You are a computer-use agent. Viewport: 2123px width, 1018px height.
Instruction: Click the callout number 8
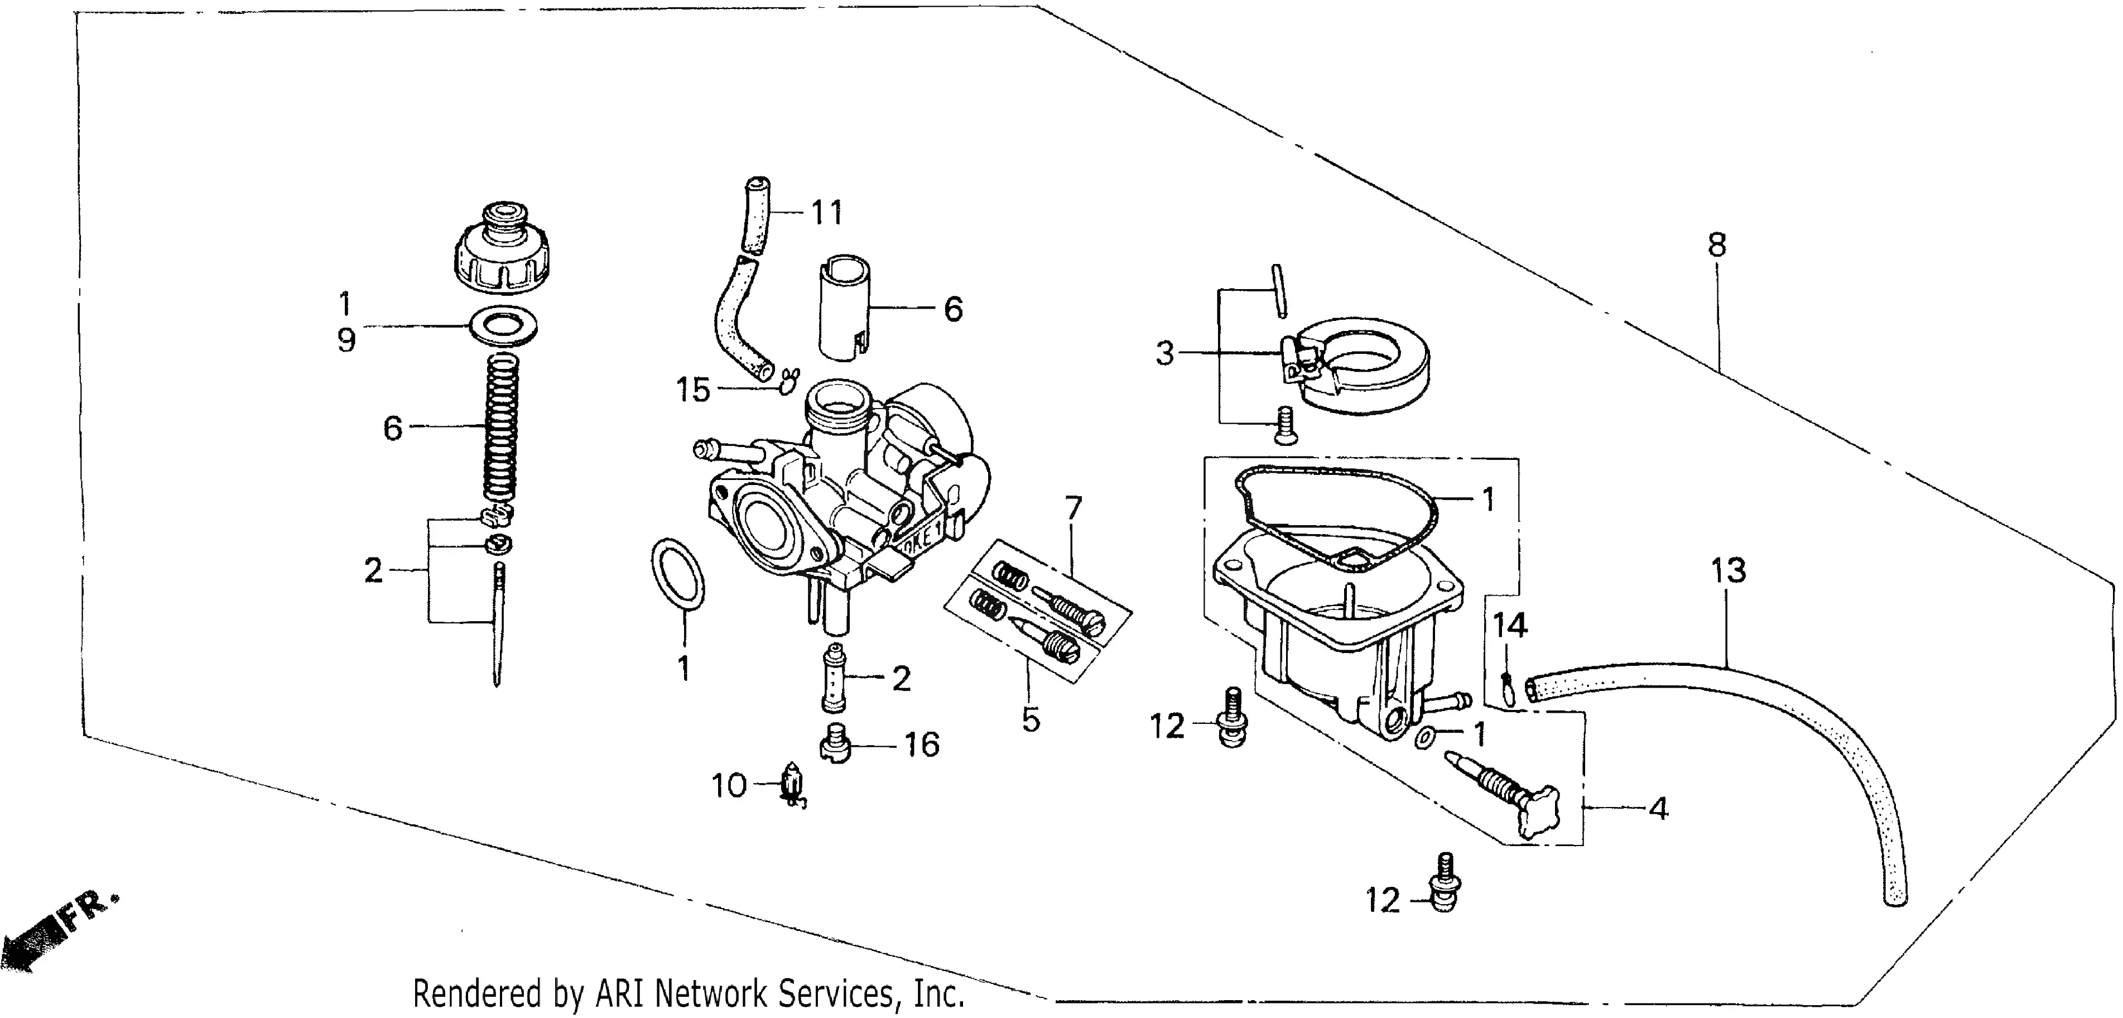point(1717,245)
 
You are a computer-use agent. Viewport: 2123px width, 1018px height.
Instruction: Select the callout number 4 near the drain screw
point(1659,809)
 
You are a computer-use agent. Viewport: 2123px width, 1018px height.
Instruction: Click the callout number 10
point(729,786)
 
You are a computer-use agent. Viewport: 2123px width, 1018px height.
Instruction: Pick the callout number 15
point(693,390)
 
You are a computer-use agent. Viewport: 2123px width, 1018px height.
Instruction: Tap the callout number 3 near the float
point(1164,354)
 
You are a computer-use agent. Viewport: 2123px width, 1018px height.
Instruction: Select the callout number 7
point(1072,508)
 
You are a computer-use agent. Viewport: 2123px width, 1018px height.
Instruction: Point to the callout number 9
point(346,339)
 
